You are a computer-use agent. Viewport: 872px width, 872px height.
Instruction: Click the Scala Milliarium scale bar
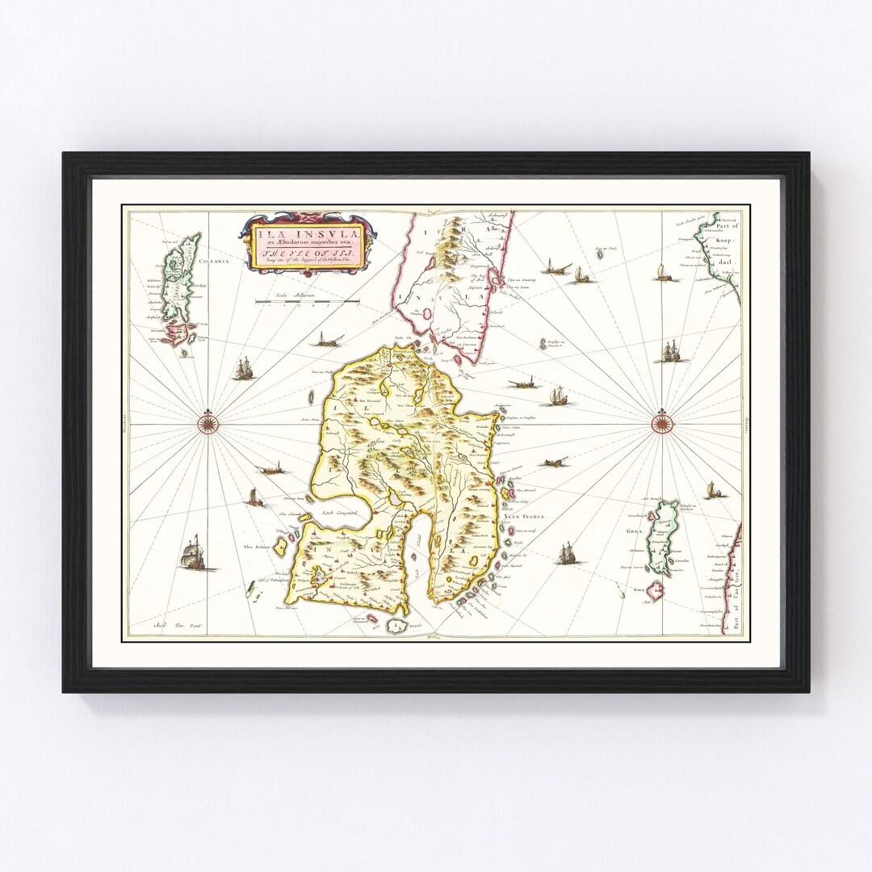tap(307, 302)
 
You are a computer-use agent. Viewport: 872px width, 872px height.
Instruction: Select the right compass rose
tap(662, 421)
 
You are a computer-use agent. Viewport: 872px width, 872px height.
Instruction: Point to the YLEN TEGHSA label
tap(527, 516)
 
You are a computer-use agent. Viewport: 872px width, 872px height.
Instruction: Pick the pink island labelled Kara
tap(653, 592)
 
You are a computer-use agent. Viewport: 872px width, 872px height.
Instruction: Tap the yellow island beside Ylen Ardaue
tap(282, 547)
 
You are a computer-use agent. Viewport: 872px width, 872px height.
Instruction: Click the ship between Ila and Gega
tap(566, 554)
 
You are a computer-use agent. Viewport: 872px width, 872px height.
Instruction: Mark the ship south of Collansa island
tap(243, 369)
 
